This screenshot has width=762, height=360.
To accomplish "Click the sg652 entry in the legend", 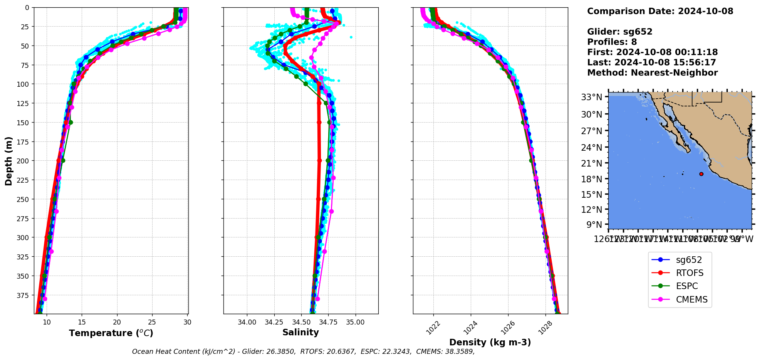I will (689, 260).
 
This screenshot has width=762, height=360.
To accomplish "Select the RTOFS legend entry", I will (690, 273).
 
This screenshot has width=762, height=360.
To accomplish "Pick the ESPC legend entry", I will (687, 286).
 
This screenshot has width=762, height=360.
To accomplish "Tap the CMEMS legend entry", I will (692, 300).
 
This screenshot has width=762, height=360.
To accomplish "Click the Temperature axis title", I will (111, 333).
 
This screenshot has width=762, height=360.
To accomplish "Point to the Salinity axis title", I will (300, 333).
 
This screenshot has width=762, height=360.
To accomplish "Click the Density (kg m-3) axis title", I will (490, 342).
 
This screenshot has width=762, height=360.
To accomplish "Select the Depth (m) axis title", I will (8, 161).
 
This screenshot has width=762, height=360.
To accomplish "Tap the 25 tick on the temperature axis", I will (152, 322).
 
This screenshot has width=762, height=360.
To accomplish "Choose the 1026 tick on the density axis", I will (506, 328).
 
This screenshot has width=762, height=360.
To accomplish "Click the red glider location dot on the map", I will (701, 174).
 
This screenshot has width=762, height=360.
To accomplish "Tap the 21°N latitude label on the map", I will (591, 163).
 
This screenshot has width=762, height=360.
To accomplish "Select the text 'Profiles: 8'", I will (612, 42).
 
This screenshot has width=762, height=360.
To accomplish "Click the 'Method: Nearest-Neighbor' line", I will (652, 73).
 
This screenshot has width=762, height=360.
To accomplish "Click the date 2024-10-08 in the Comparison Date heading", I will (705, 11).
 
